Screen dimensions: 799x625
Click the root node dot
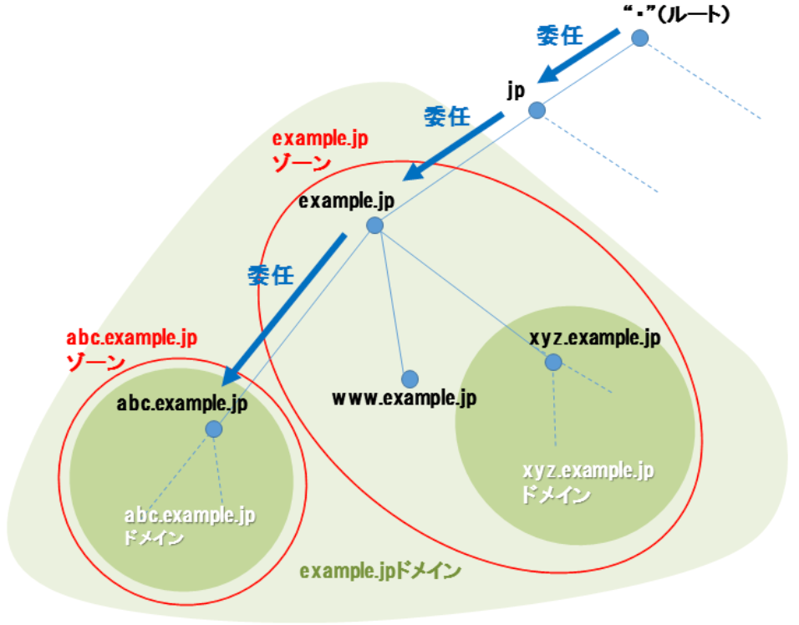tap(639, 38)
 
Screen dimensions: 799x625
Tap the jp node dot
tap(537, 110)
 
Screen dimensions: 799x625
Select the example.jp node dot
tap(374, 225)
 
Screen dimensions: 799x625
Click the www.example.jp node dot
tap(409, 379)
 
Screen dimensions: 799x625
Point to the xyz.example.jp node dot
tap(553, 362)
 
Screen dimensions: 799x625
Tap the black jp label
tap(516, 89)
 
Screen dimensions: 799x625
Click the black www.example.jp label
tap(404, 399)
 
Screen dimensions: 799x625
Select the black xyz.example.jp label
tap(595, 338)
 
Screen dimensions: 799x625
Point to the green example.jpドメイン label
tap(380, 572)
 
